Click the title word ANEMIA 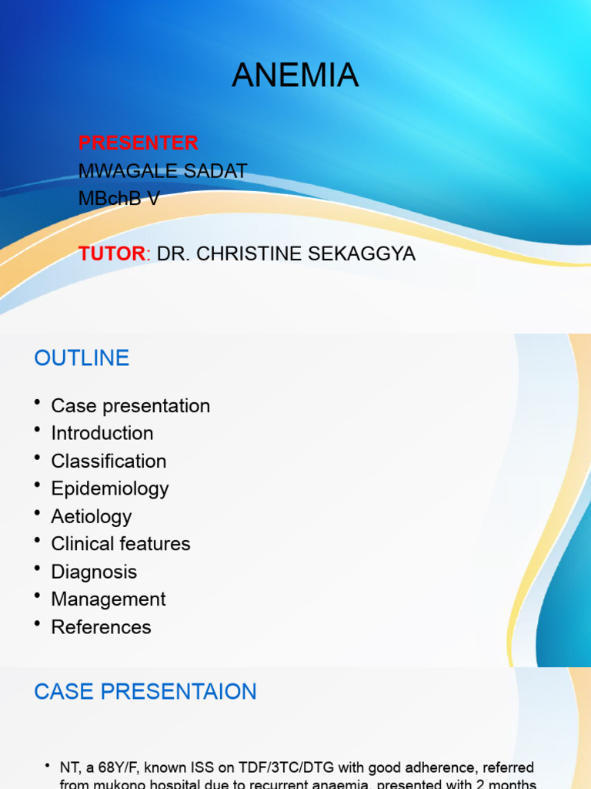(295, 76)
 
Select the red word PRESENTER (139, 143)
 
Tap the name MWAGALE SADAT (162, 171)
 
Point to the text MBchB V (119, 199)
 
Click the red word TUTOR (112, 253)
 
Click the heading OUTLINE (82, 358)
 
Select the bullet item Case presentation (130, 406)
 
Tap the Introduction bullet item (102, 433)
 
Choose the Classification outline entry (109, 461)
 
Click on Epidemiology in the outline (110, 489)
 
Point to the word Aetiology (91, 516)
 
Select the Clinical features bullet (121, 544)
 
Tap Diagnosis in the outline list (94, 572)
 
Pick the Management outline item (109, 599)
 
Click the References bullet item (101, 627)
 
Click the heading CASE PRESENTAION (145, 691)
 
